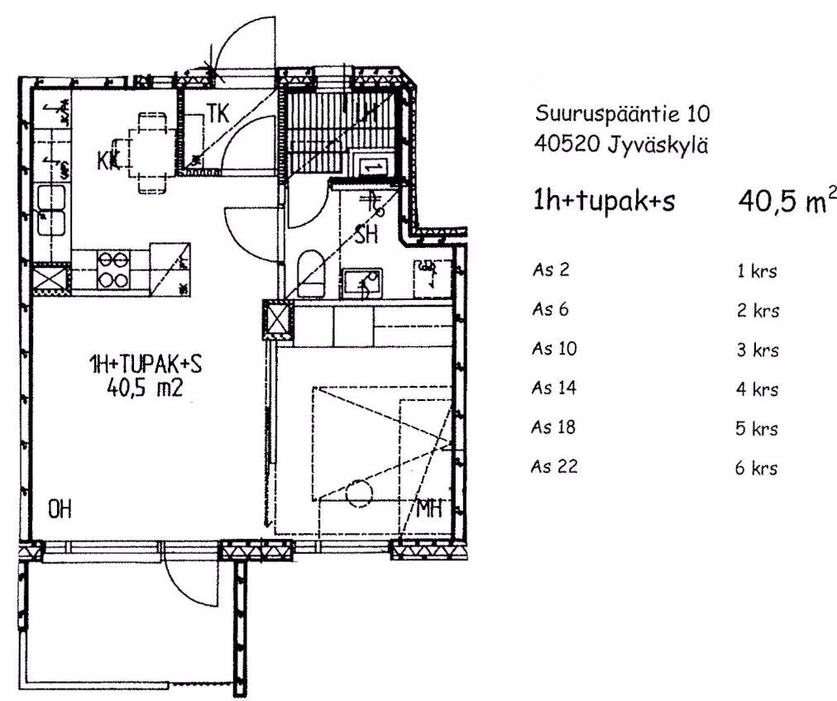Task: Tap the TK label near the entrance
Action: (x=218, y=113)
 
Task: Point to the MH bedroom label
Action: (x=430, y=508)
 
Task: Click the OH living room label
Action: (x=60, y=510)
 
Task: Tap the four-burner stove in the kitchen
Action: (x=113, y=269)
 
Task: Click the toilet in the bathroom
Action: (x=311, y=273)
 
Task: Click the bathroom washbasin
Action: (x=362, y=284)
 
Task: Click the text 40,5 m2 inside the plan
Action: (x=145, y=388)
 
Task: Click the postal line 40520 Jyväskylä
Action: (x=621, y=144)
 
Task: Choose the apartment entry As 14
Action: (x=554, y=388)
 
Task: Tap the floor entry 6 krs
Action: (x=757, y=468)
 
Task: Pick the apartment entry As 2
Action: (x=551, y=269)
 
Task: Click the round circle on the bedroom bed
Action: (x=358, y=492)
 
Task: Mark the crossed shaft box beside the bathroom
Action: (x=278, y=320)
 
